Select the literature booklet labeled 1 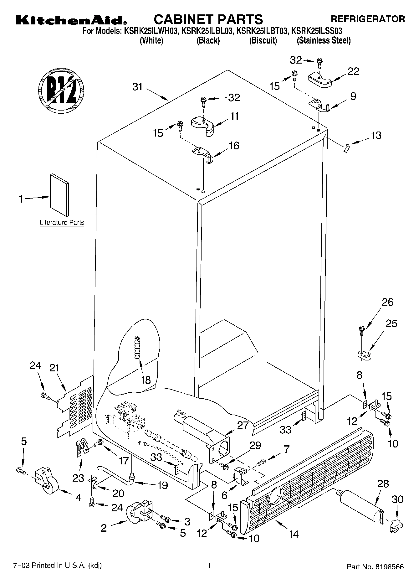tap(59, 195)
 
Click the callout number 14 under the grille tap(294, 534)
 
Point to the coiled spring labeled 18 tap(137, 348)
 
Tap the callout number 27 tap(243, 425)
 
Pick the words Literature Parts tap(62, 223)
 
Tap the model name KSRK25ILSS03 tap(316, 31)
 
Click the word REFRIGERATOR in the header tap(368, 19)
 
